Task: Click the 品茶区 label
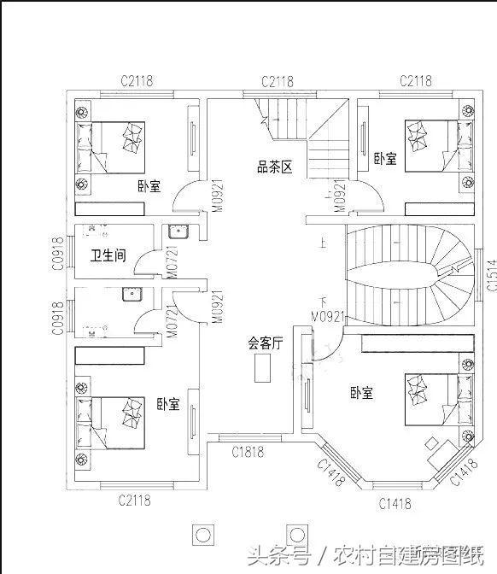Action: pos(275,167)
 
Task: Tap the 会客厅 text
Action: pos(265,343)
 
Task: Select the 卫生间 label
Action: pos(109,255)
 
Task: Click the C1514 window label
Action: pos(491,277)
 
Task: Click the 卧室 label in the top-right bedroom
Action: pos(384,159)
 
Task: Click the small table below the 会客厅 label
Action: pos(262,368)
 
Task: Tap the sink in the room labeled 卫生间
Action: pos(178,231)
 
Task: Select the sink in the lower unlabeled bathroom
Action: pos(131,295)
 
